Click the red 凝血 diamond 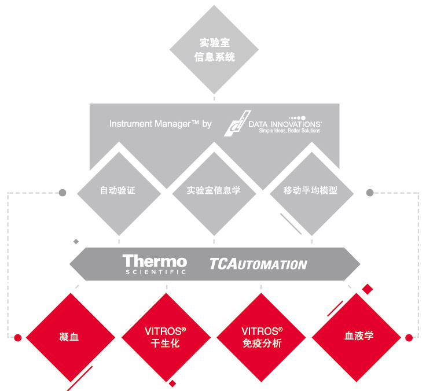69,336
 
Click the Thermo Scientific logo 155,264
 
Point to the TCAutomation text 258,264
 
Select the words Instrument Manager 150,124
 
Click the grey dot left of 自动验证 63,191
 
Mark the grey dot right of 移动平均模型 370,191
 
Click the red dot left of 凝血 18,337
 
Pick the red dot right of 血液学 409,337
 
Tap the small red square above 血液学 366,289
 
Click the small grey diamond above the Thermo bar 75,241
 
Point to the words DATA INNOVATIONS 284,124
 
